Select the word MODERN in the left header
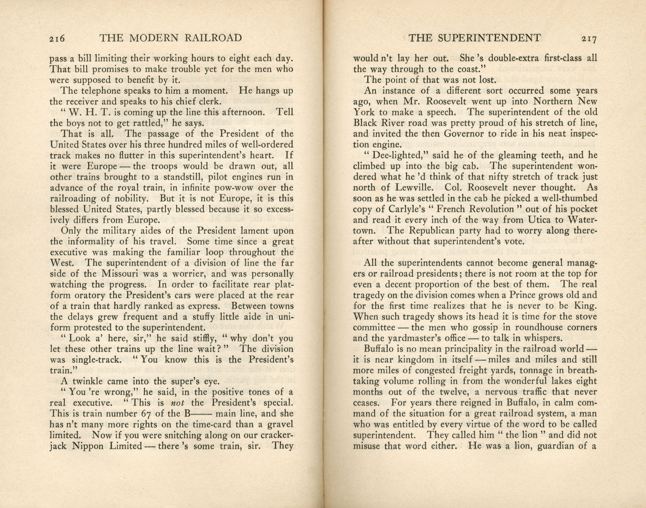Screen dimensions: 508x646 (x=157, y=38)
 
